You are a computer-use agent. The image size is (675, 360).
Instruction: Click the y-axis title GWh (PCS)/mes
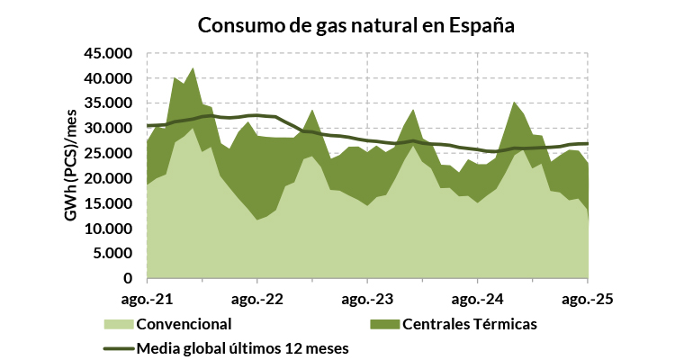69,166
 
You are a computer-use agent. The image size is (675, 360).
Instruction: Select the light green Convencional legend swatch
118,324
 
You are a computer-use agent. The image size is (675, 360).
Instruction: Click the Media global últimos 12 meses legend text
241,347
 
